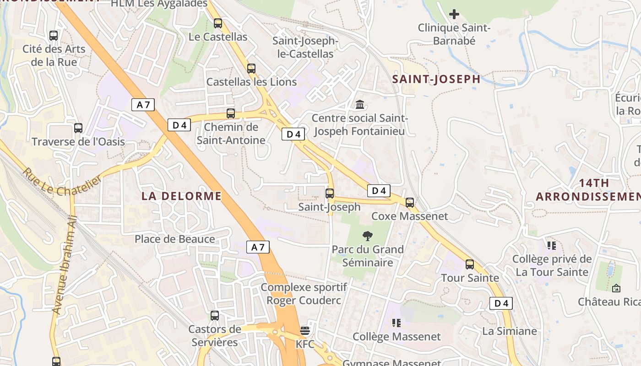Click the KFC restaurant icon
[x=305, y=330]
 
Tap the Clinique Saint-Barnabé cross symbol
[x=454, y=15]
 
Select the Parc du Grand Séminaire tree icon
[x=367, y=236]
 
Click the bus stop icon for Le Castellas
[x=218, y=23]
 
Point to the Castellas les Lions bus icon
[x=251, y=69]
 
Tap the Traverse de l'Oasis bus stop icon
[x=78, y=128]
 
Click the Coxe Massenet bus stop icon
[x=410, y=202]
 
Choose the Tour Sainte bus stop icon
[x=470, y=264]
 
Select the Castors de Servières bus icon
[x=214, y=315]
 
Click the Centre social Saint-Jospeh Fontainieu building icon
[x=360, y=105]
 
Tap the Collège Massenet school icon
[x=397, y=323]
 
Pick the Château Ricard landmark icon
[x=616, y=288]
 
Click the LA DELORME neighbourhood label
[x=181, y=196]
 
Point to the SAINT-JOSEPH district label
[x=436, y=79]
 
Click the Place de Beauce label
[x=174, y=239]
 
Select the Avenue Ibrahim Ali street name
[x=64, y=265]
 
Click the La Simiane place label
[x=510, y=331]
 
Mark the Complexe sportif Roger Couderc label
[x=304, y=294]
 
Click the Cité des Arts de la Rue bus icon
[x=54, y=35]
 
